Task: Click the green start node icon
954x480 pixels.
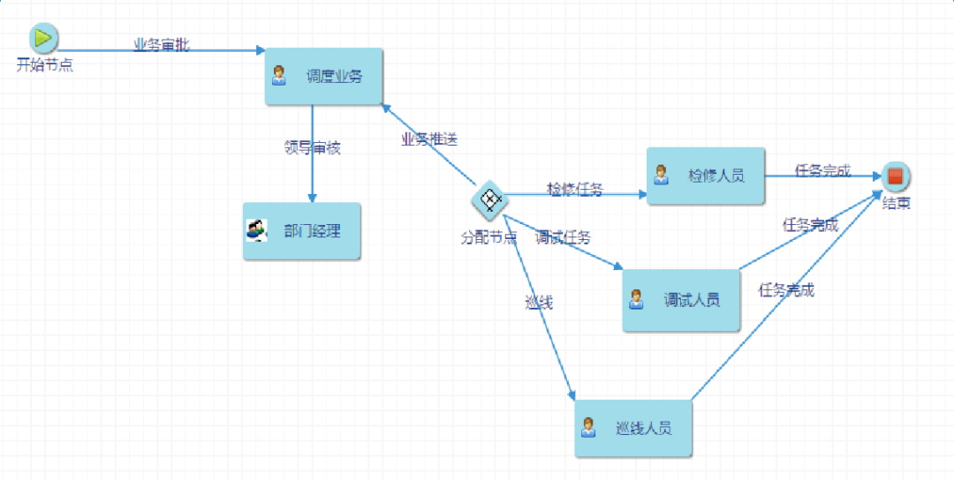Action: (x=43, y=38)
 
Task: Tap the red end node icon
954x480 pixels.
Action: (x=895, y=176)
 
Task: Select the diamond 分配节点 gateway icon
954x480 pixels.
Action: (x=489, y=200)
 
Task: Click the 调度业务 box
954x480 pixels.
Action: (x=324, y=76)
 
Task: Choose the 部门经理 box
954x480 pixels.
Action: (x=302, y=231)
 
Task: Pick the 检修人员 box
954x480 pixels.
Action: (x=706, y=176)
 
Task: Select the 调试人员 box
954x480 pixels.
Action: (x=681, y=300)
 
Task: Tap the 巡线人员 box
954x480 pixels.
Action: (x=633, y=428)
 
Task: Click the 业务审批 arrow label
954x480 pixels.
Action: (x=161, y=45)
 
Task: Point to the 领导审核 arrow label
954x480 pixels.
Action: (x=312, y=147)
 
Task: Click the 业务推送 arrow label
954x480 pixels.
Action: (x=429, y=139)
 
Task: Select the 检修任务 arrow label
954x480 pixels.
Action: (x=575, y=188)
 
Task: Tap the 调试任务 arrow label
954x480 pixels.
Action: (x=563, y=236)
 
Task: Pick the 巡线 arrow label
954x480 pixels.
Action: (x=539, y=303)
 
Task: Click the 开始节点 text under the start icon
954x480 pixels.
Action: (x=44, y=64)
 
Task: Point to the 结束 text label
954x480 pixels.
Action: (x=897, y=204)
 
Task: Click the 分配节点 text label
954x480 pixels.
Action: (x=488, y=237)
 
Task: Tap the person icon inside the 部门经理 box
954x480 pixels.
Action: (x=256, y=231)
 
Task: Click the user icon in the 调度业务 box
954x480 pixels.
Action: (x=279, y=76)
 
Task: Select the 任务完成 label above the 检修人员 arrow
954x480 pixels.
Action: (x=822, y=170)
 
